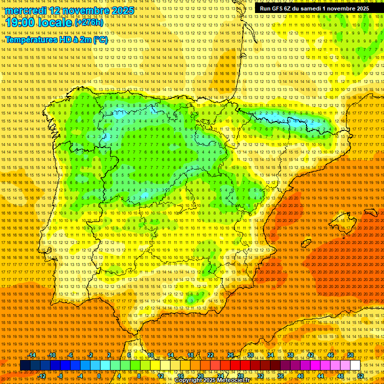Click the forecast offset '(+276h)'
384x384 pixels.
(x=89, y=22)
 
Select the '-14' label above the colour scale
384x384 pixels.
(x=32, y=355)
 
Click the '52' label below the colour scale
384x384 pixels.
(x=361, y=376)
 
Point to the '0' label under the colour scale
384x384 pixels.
(x=99, y=376)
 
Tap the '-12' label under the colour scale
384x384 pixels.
(x=42, y=376)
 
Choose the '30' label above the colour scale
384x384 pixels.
(x=250, y=355)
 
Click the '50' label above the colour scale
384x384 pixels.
(x=350, y=355)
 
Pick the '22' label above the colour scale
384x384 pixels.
(x=210, y=355)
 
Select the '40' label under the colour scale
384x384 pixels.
(x=300, y=376)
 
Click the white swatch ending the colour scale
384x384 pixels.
(x=355, y=365)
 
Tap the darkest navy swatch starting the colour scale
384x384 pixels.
(x=25, y=365)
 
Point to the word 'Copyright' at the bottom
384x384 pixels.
(x=189, y=380)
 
